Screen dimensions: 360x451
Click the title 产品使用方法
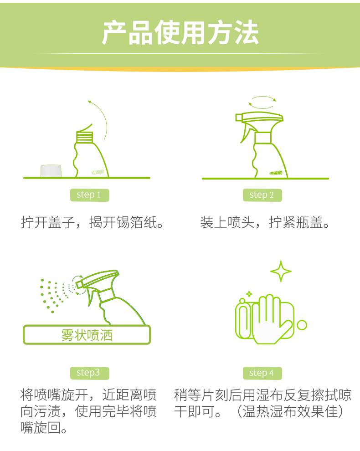pos(180,32)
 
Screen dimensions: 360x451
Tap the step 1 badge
pos(89,195)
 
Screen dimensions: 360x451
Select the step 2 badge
pos(262,195)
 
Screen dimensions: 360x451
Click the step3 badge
pos(89,373)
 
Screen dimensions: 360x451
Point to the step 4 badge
pos(262,373)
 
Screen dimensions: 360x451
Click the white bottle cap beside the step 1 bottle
pos(51,171)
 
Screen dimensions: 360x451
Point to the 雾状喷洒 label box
pos(87,335)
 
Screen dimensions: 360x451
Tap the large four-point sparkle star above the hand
pos(281,271)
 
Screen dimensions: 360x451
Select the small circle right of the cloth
pos(302,325)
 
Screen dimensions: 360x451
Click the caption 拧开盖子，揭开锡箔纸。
pos(93,222)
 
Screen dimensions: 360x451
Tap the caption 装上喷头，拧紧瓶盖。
pos(265,222)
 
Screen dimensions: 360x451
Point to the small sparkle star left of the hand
pos(249,294)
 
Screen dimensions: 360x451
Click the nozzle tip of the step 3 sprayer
pos(79,285)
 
